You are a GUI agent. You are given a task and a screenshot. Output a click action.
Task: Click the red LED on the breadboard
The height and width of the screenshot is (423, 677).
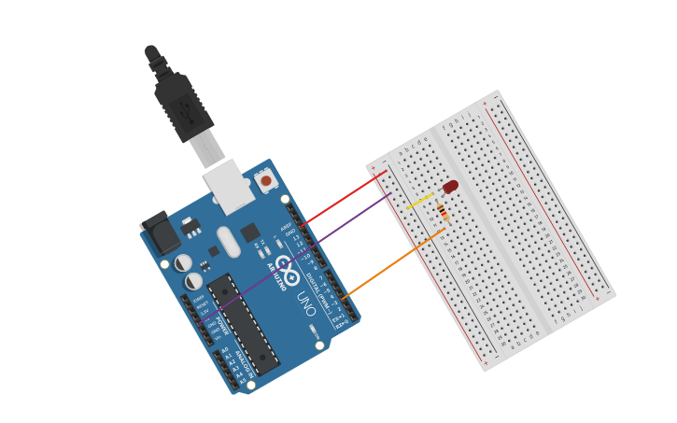(450, 188)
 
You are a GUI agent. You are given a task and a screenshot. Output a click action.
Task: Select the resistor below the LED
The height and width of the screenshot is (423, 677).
(442, 214)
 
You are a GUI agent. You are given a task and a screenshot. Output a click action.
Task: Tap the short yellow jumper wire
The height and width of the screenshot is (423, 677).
(419, 201)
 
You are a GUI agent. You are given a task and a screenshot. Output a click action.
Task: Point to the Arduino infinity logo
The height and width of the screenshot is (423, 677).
(288, 277)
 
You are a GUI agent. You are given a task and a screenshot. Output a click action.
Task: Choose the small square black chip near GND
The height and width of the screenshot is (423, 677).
(250, 233)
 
